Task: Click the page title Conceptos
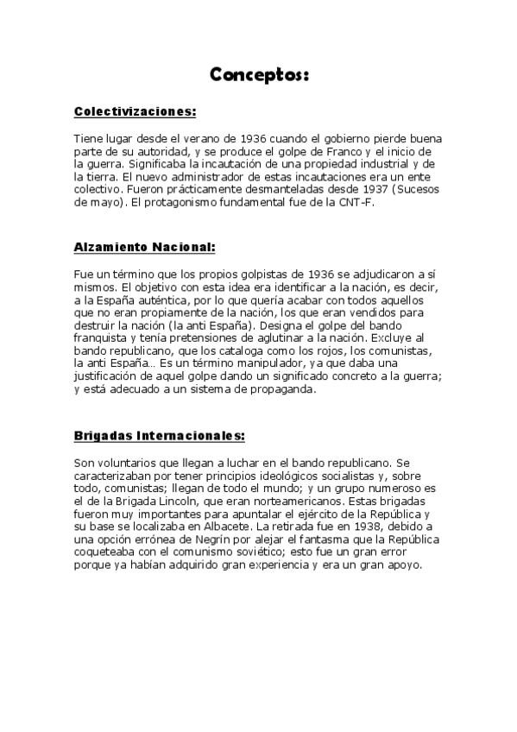pos(259,75)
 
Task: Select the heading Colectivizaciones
pos(136,111)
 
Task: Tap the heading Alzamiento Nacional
pos(144,246)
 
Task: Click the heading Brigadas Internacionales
pos(160,436)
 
